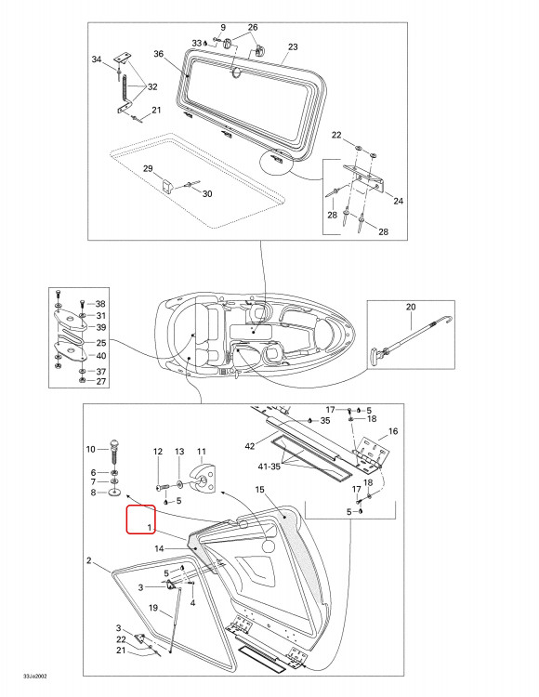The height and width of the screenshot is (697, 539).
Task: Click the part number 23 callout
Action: (x=293, y=46)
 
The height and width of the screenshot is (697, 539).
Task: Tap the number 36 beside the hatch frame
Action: (x=159, y=54)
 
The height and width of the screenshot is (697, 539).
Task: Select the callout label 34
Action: (x=97, y=59)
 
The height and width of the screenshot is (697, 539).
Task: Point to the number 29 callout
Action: (x=148, y=168)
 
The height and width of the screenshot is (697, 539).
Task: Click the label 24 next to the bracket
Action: (x=398, y=201)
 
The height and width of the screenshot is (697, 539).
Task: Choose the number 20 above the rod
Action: (x=411, y=307)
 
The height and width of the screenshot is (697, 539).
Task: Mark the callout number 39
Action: (x=101, y=327)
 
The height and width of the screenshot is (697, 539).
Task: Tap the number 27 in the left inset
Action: (x=101, y=381)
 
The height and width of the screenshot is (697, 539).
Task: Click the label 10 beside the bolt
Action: (x=91, y=449)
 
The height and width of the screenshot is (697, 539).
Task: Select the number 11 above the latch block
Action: (x=202, y=452)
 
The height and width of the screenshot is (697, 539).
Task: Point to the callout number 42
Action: (x=250, y=445)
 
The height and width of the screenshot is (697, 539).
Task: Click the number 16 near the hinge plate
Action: (x=393, y=431)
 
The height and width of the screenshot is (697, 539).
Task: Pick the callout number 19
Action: (x=153, y=608)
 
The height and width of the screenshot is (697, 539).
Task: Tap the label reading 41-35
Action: (x=269, y=467)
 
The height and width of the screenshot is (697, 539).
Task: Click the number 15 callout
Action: (x=259, y=490)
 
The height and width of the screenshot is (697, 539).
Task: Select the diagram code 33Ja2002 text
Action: (x=35, y=677)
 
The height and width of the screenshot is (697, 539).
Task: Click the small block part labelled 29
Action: (x=166, y=185)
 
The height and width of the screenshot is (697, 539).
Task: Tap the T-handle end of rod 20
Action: (x=374, y=356)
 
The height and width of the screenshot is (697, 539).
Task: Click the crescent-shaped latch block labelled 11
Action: (x=204, y=478)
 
